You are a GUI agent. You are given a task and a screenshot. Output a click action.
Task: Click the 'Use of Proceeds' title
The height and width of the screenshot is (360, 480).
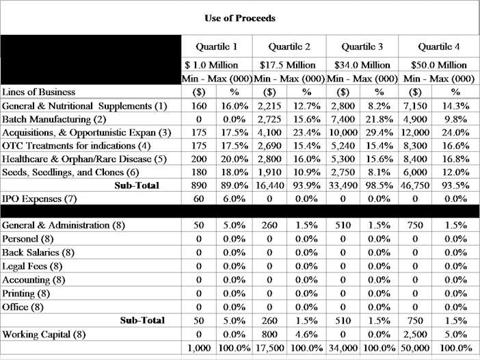click(239, 18)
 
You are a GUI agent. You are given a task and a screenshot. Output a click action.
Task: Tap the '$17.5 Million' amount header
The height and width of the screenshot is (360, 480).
click(288, 65)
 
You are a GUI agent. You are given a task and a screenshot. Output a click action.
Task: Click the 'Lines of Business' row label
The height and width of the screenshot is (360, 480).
click(38, 92)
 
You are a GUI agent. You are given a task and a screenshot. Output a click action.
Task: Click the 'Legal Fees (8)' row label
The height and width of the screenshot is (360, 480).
click(33, 266)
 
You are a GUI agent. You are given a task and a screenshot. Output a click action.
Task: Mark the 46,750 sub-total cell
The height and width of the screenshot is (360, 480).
click(415, 185)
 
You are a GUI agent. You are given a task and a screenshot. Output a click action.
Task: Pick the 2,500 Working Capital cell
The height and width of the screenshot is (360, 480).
click(415, 334)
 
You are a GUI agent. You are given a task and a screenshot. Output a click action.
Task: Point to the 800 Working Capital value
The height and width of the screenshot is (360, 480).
click(269, 334)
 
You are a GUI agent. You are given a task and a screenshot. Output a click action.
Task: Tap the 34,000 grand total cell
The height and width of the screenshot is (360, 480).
click(343, 348)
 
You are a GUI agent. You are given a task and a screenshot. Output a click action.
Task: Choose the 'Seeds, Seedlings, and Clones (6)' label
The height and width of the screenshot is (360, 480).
click(70, 172)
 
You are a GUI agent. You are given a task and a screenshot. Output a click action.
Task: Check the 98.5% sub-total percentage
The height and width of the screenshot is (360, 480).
click(379, 185)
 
